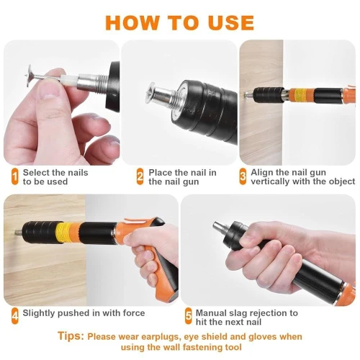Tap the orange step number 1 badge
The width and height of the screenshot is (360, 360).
[14, 176]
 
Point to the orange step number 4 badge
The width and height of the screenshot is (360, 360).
[14, 314]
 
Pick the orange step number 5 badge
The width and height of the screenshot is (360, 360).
[189, 314]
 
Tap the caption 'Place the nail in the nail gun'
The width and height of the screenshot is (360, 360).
[182, 177]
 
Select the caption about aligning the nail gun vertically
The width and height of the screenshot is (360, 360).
[302, 177]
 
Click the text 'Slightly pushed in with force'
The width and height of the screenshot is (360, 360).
[84, 313]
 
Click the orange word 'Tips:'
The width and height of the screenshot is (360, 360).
[71, 336]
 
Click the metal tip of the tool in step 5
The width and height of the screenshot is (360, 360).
[217, 229]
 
